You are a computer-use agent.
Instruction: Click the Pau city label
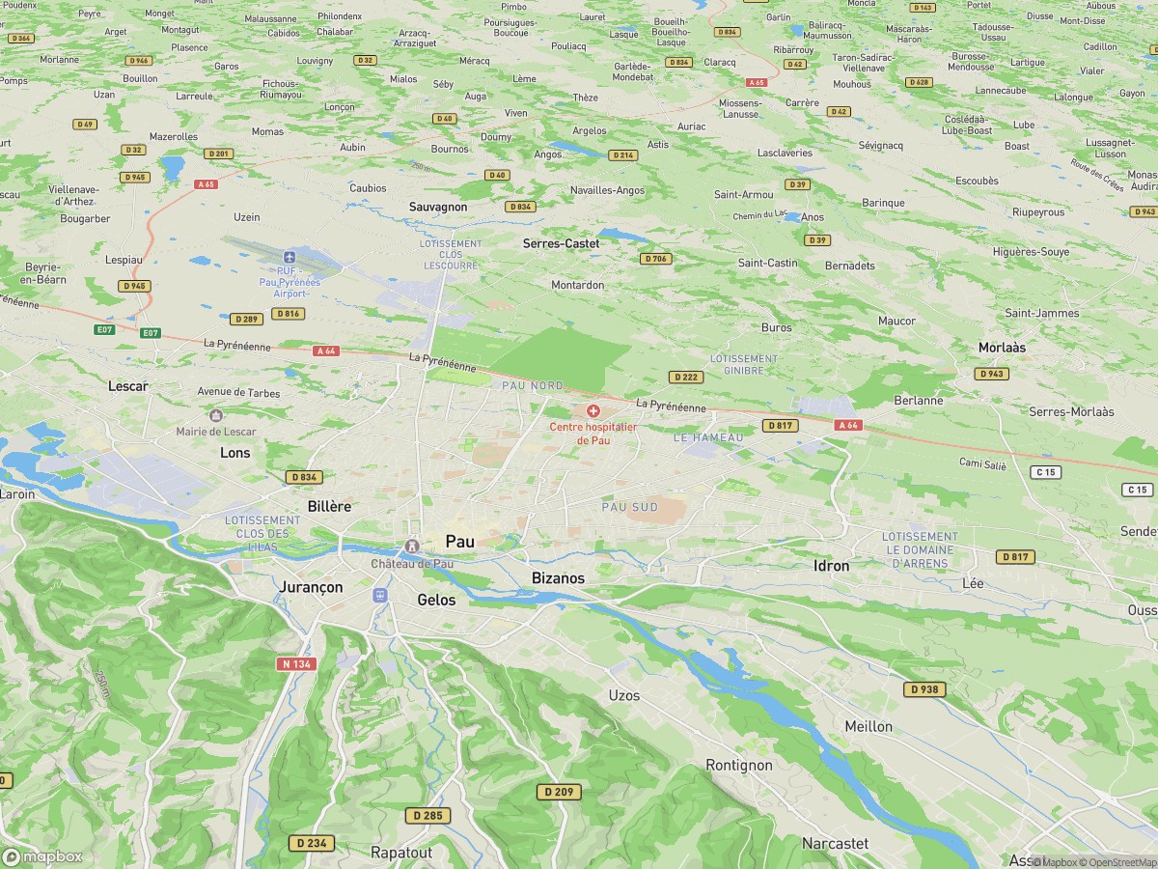459,542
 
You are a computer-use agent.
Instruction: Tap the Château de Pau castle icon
413,547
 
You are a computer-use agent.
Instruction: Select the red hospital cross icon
593,411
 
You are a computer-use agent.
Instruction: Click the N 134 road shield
297,663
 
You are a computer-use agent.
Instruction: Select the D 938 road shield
924,689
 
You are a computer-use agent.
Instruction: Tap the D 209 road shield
559,792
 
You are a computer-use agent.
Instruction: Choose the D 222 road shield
686,377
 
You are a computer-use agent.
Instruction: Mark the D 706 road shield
655,259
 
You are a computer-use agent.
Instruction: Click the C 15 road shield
1045,471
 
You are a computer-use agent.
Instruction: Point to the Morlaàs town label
1002,347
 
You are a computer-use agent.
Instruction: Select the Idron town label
831,566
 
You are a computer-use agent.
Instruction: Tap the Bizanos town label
558,577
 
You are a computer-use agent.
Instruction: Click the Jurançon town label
310,587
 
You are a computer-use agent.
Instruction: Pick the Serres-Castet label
561,244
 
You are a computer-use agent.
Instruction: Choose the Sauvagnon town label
438,207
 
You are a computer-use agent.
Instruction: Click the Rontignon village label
739,765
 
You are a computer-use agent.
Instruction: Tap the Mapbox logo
42,856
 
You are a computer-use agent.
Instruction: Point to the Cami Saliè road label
982,465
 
